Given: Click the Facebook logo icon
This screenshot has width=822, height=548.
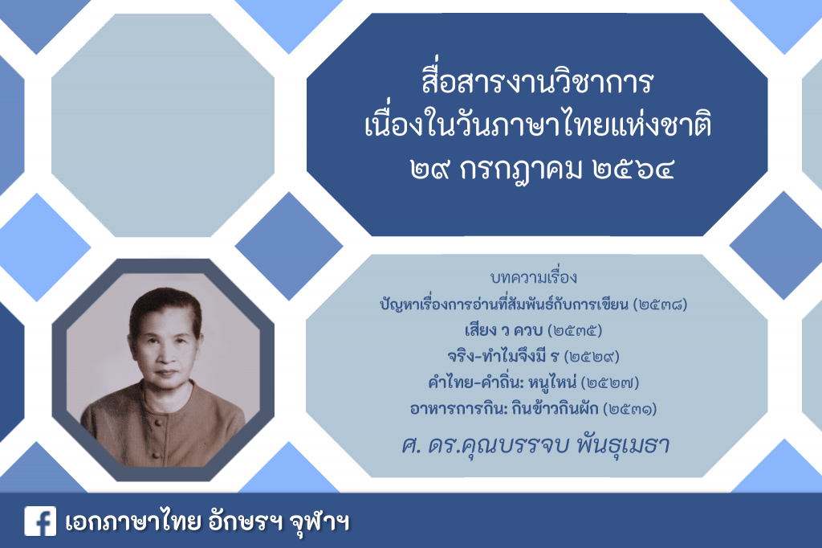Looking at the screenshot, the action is pyautogui.click(x=40, y=521).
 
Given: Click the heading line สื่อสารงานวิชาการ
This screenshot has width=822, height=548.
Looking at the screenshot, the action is pyautogui.click(x=537, y=83).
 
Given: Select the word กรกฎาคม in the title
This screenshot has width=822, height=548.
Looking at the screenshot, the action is pyautogui.click(x=520, y=170).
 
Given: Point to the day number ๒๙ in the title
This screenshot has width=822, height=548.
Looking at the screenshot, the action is pyautogui.click(x=430, y=169).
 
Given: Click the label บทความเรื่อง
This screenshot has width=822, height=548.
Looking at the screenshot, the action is pyautogui.click(x=534, y=277).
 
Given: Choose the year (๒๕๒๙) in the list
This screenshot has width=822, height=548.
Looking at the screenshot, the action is pyautogui.click(x=592, y=357).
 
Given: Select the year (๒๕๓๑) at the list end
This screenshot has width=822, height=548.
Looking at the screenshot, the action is pyautogui.click(x=629, y=409).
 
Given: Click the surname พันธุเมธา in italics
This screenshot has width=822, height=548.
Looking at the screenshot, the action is pyautogui.click(x=622, y=445).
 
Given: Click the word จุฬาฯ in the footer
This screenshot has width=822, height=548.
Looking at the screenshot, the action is pyautogui.click(x=319, y=521).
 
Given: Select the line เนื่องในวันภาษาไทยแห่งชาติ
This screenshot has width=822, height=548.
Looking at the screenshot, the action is pyautogui.click(x=537, y=126).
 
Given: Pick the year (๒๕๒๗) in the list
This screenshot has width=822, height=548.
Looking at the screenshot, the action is pyautogui.click(x=610, y=383).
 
